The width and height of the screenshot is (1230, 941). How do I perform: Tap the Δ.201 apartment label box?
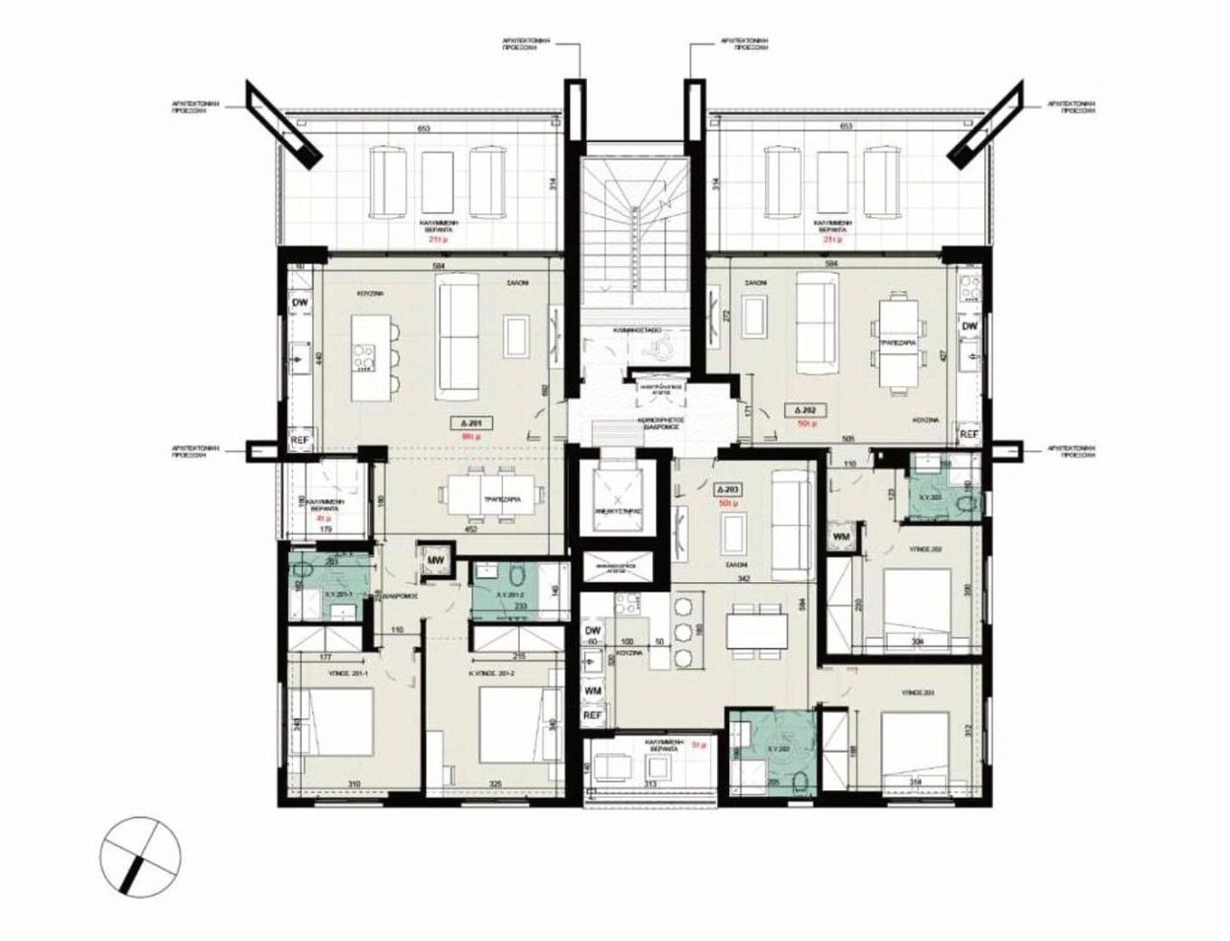[471, 422]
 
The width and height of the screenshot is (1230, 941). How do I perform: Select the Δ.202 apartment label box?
[804, 411]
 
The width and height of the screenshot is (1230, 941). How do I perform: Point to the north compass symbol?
[142, 852]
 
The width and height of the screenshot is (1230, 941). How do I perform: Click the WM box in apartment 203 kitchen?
[593, 690]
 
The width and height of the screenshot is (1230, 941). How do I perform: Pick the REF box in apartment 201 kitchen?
[299, 443]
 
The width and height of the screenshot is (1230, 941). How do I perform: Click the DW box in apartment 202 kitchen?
[969, 327]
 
